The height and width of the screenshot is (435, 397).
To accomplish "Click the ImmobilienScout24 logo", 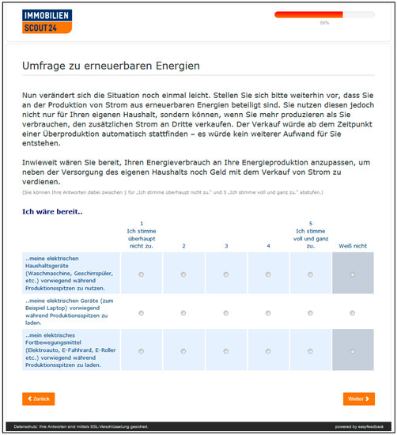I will click(x=47, y=21).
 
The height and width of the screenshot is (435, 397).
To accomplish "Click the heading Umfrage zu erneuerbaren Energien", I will click(x=111, y=66).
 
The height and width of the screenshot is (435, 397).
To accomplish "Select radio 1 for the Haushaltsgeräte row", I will click(x=142, y=274).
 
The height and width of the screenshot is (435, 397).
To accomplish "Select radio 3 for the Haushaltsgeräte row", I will click(x=226, y=274).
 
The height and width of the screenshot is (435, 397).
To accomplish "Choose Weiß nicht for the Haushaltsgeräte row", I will click(x=352, y=274).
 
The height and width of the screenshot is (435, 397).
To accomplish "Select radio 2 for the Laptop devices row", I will click(x=183, y=313).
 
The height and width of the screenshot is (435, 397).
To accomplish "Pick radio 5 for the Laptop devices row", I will click(x=310, y=313).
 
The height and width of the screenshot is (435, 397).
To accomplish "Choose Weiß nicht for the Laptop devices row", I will click(x=352, y=313).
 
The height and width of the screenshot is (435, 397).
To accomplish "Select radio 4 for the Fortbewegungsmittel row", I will click(x=268, y=351).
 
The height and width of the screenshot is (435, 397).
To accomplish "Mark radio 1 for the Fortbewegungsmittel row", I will click(x=142, y=351).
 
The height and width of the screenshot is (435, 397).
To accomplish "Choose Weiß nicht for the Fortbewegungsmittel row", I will click(x=352, y=351).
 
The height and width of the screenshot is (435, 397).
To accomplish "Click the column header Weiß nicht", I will click(x=352, y=246).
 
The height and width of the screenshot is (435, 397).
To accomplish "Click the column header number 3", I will click(x=226, y=246).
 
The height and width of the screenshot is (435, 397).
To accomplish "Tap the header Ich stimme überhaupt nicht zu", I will click(x=142, y=234).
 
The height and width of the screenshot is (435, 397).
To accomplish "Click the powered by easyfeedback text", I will click(x=364, y=426).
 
